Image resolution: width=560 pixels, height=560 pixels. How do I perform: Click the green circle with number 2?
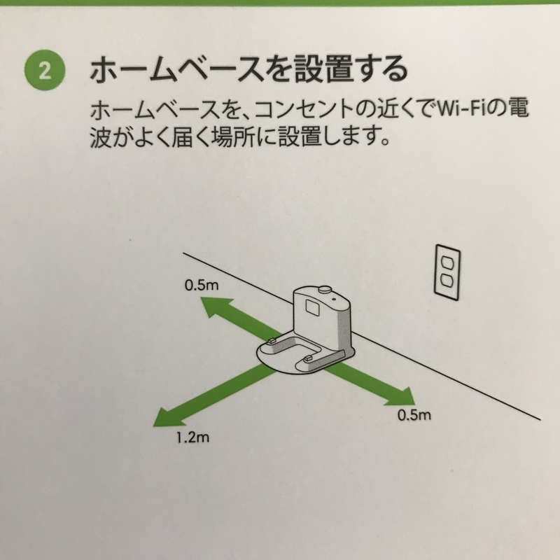(x=45, y=70)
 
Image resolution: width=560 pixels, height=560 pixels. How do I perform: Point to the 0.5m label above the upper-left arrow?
(x=202, y=285)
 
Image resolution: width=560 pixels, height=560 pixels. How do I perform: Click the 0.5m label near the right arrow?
(x=414, y=414)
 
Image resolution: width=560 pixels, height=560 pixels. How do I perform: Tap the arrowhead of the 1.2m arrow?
(x=168, y=414)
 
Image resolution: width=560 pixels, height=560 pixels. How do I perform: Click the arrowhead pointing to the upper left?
(x=216, y=308)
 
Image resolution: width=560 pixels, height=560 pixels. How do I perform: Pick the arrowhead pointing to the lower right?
(x=400, y=396)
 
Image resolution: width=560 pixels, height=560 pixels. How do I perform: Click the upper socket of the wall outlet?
(x=447, y=264)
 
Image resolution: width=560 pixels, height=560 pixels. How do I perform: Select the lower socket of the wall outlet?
(x=447, y=283)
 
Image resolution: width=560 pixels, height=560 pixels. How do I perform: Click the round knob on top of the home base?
(x=324, y=288)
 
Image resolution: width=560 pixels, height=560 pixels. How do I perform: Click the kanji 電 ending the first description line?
(x=518, y=108)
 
